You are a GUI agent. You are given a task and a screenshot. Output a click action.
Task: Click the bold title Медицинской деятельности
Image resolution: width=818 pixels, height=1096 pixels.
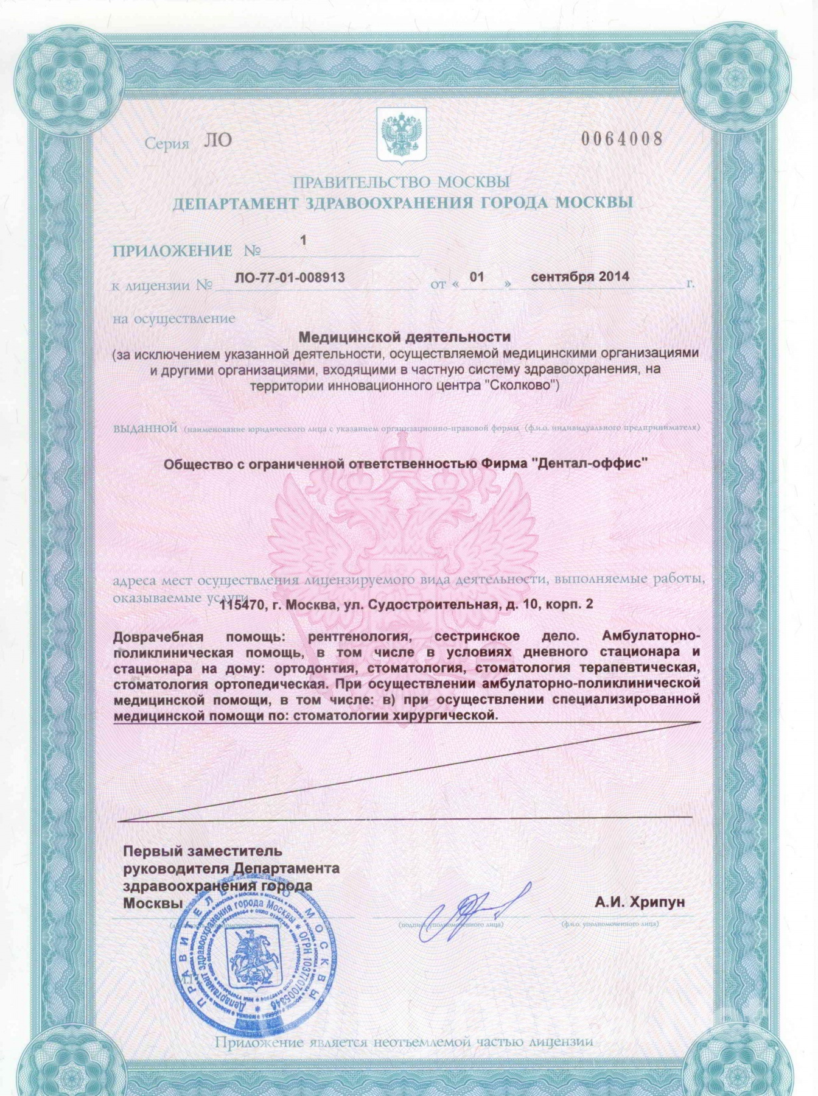point(405,336)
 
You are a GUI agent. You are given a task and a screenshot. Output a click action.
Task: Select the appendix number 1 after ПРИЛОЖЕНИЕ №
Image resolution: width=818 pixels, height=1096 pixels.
point(302,241)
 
